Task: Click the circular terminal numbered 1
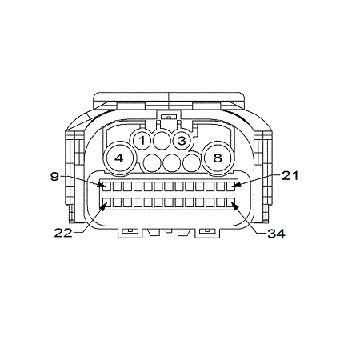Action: coord(142,142)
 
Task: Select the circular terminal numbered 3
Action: coord(182,142)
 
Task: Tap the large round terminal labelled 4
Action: coord(119,158)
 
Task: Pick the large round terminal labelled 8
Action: coord(217,158)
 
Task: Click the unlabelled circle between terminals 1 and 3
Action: coord(162,142)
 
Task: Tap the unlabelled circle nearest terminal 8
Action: coord(191,164)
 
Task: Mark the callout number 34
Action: coord(276,234)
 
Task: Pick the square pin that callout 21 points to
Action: coord(233,186)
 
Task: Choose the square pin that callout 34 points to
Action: coord(233,202)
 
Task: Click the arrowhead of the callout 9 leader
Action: coord(100,184)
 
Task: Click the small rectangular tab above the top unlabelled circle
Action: coord(166,122)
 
